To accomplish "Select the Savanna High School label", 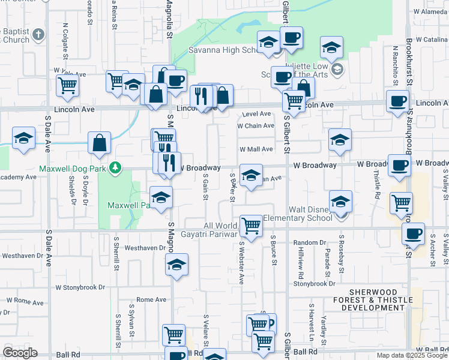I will point(223,50).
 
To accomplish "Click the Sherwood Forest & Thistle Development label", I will point(373,304).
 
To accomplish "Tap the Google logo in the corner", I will point(20,353).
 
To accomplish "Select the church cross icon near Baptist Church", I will point(40,34).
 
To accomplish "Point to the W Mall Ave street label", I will point(256,149).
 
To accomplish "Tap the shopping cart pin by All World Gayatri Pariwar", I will point(252,226).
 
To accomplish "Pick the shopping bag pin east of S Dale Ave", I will point(100,143).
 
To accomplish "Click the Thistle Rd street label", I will point(377,185).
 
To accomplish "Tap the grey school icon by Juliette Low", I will point(337,70).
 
